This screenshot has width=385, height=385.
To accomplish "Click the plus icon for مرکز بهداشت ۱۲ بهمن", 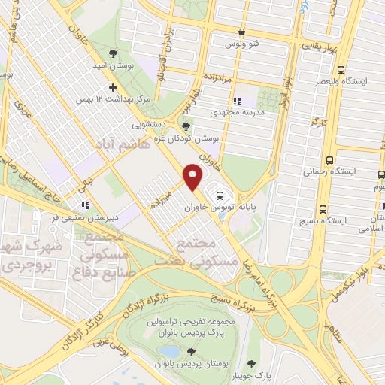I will pos(113,86).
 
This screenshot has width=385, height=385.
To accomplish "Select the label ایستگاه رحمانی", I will pos(323,171).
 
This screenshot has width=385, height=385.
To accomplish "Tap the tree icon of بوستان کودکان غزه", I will pos(186,126).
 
